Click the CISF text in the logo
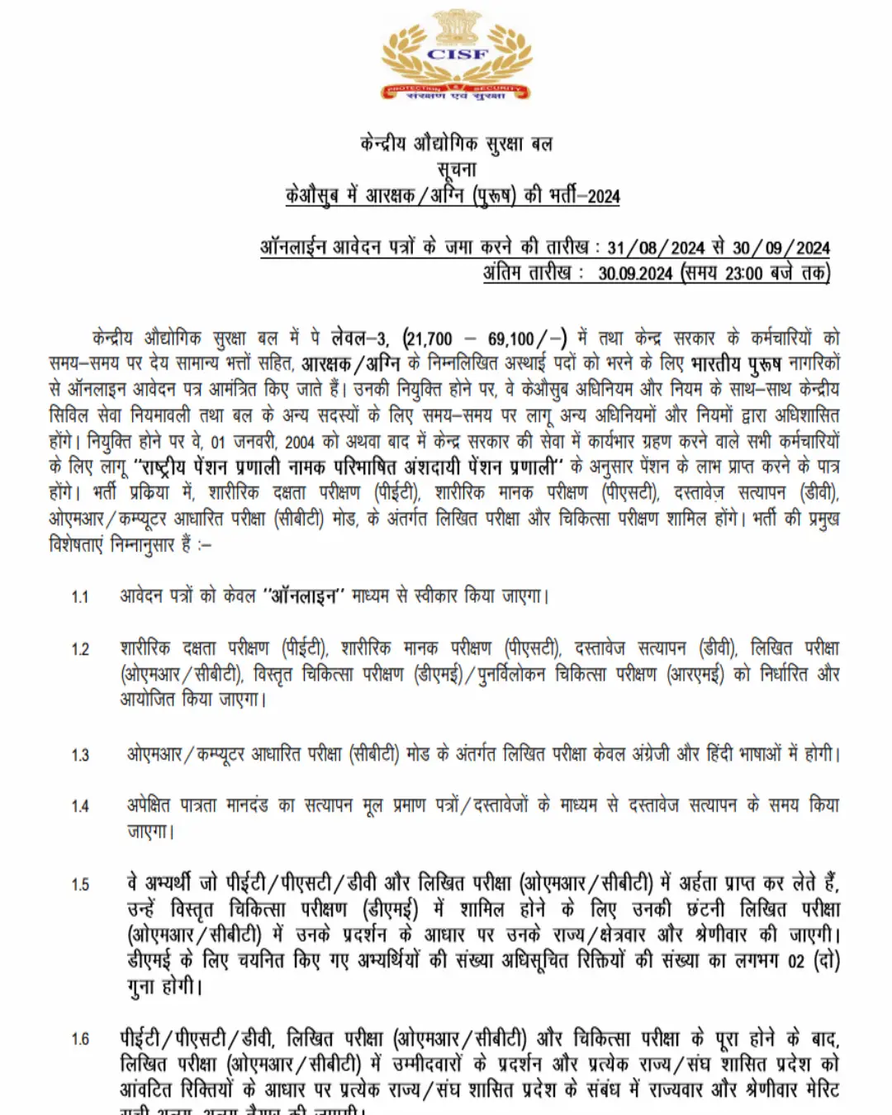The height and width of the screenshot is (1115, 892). pyautogui.click(x=458, y=54)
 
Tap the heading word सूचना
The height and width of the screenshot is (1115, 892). pyautogui.click(x=457, y=169)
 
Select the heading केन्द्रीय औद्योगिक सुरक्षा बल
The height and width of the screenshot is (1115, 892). pyautogui.click(x=456, y=144)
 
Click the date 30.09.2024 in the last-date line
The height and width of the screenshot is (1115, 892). pyautogui.click(x=635, y=273)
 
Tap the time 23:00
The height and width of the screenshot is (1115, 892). pyautogui.click(x=743, y=273)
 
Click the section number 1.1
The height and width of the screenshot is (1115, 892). pyautogui.click(x=80, y=596)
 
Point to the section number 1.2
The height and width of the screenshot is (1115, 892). pyautogui.click(x=80, y=649)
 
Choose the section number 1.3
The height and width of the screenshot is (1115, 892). pyautogui.click(x=80, y=755)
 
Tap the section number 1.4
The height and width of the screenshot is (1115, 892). pyautogui.click(x=80, y=806)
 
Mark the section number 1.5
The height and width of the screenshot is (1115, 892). pyautogui.click(x=80, y=885)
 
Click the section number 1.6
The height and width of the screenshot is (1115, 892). pyautogui.click(x=80, y=1039)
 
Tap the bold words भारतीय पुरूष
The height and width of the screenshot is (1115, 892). pyautogui.click(x=736, y=363)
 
